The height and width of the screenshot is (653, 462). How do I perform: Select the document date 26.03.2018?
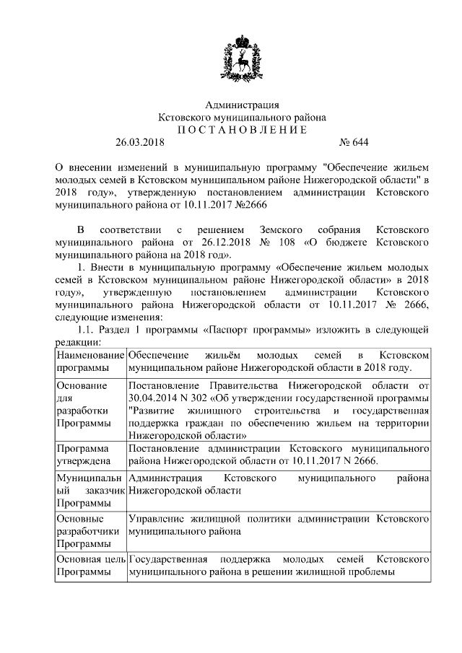(140, 142)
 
